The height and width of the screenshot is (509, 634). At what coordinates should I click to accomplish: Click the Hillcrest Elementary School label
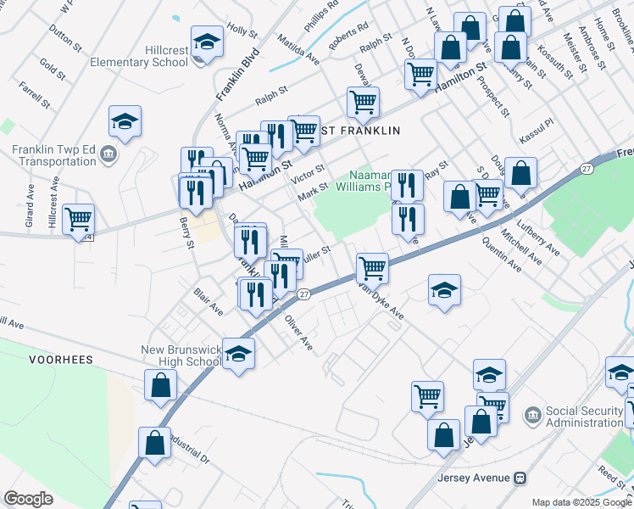click(139, 56)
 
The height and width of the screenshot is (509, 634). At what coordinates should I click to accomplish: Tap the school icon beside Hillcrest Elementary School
click(206, 42)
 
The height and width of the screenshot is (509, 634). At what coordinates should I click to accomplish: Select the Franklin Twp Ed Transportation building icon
click(108, 154)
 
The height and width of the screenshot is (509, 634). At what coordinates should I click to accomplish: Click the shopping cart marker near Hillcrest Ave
click(78, 219)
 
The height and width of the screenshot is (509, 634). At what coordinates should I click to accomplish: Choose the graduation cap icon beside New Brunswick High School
click(239, 352)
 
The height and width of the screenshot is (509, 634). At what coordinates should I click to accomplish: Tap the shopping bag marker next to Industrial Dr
click(154, 443)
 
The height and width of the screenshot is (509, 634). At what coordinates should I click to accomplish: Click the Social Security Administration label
click(585, 417)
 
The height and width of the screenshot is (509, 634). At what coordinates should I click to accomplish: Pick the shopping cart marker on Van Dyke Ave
click(372, 268)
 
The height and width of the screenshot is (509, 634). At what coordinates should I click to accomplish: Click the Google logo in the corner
click(28, 499)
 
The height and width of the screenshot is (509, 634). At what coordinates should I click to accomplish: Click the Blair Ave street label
click(209, 300)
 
